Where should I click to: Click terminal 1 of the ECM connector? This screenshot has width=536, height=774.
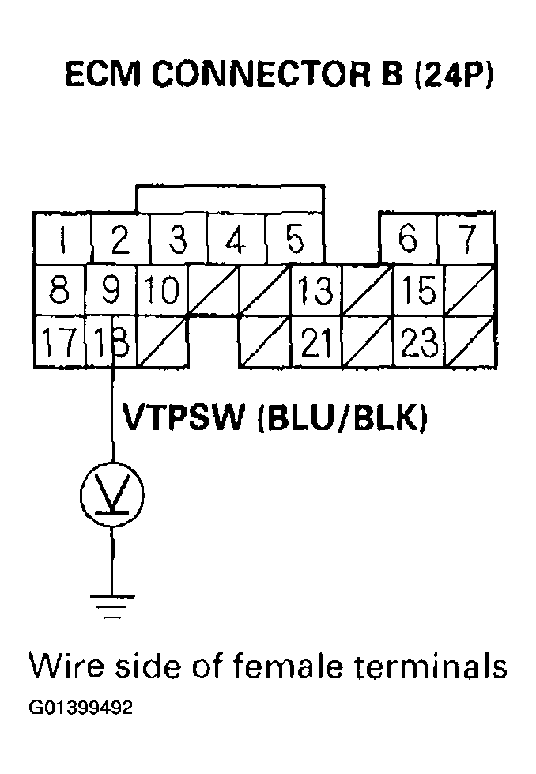[x=62, y=239]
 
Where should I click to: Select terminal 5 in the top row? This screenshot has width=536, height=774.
[x=294, y=239]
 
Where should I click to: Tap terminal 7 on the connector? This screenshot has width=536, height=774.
[x=467, y=239]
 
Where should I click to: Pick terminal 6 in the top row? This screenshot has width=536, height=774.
[x=408, y=239]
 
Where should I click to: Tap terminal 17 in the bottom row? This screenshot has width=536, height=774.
[x=59, y=342]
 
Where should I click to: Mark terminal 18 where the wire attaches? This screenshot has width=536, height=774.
[x=111, y=342]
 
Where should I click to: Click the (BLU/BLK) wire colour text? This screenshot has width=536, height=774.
[x=342, y=417]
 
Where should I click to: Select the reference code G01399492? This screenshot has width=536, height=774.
[x=81, y=707]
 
